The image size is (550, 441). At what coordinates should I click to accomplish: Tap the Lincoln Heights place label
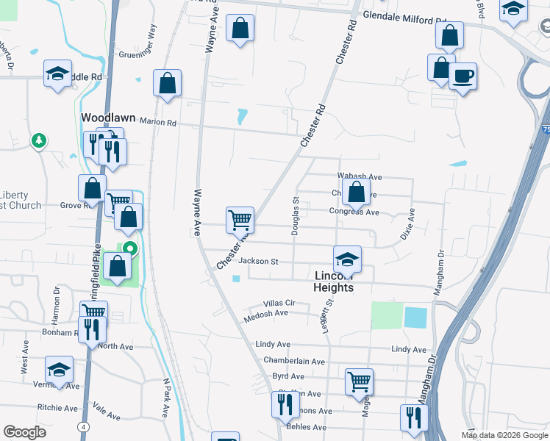(334, 282)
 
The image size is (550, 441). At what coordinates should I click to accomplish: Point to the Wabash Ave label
(360, 177)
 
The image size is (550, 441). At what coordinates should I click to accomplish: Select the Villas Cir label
(279, 303)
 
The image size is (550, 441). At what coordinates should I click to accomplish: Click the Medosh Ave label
(267, 313)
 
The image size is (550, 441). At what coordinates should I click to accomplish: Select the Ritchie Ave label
(57, 408)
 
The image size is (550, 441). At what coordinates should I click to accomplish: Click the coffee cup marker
(463, 76)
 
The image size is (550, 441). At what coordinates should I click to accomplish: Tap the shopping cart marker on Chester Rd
(240, 220)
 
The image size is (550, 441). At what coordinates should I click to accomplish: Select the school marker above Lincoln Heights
(347, 259)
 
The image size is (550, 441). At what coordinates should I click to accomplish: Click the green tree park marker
(37, 140)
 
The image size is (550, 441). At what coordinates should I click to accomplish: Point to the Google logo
(24, 432)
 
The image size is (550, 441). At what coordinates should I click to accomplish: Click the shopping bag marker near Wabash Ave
(357, 194)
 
